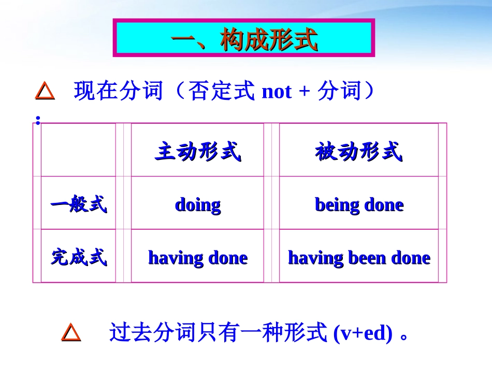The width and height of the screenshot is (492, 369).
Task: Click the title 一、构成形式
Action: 244,39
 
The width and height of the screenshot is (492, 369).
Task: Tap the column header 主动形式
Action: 198,153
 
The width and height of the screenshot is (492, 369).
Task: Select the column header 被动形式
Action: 359,153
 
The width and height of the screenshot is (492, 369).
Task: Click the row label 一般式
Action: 79,204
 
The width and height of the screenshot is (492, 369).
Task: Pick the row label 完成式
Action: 79,257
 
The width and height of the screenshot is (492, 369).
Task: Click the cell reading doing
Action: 198,205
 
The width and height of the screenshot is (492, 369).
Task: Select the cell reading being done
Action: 359,205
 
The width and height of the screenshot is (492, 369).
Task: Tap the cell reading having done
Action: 198,258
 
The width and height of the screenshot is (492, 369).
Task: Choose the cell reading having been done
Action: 359,258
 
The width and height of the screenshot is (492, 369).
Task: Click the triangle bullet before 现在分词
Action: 45,92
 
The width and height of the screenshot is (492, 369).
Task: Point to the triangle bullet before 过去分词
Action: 71,332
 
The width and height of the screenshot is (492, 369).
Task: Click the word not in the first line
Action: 277,92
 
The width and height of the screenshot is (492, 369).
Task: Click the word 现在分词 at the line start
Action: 118,92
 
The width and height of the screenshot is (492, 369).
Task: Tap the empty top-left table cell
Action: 78,151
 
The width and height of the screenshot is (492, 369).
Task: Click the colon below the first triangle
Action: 38,120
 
